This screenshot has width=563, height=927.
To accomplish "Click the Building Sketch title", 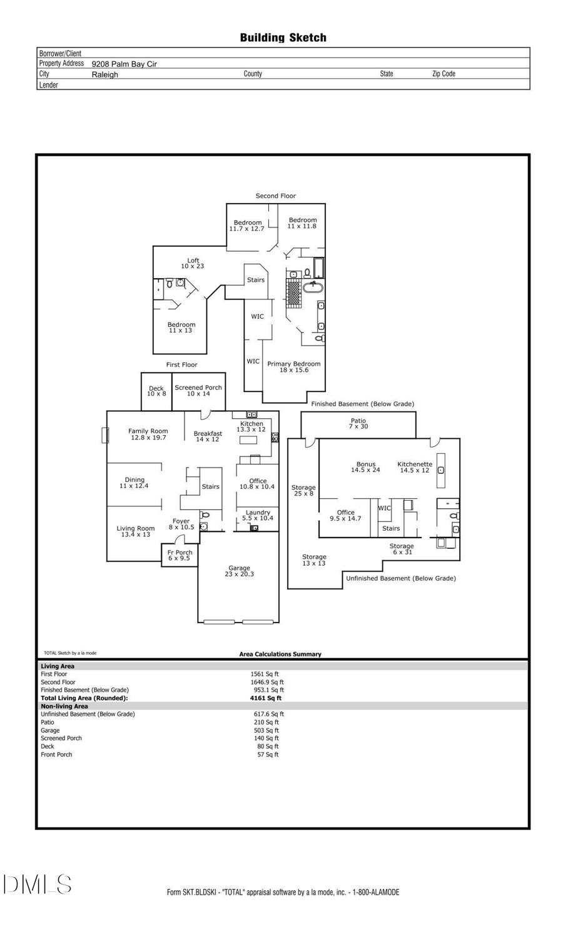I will (x=283, y=38).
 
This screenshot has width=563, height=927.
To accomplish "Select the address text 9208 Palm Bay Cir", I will (x=124, y=64).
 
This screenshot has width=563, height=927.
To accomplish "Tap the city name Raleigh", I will (x=104, y=74).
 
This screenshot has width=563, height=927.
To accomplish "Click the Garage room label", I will (x=239, y=571).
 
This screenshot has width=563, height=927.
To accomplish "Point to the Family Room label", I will (x=148, y=434).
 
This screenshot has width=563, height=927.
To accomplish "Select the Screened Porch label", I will (x=198, y=390).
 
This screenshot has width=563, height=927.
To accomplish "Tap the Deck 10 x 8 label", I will (x=156, y=391).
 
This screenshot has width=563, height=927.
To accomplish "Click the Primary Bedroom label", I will (x=293, y=366).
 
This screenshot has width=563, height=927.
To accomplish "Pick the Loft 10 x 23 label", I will (x=193, y=263).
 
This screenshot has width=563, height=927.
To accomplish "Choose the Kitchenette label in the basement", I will (x=415, y=467).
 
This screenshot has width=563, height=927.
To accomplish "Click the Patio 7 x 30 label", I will (x=358, y=423).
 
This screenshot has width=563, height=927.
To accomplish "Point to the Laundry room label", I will (x=258, y=515).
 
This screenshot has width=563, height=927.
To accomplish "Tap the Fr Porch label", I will (x=180, y=555).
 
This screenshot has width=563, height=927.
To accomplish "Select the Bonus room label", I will (x=366, y=467).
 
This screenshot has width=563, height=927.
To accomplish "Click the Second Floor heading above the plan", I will (x=275, y=196).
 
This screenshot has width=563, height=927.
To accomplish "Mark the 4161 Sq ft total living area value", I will (x=266, y=698).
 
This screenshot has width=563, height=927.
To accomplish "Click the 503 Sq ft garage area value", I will (x=266, y=730).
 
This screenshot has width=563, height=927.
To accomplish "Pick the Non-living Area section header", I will (x=64, y=706).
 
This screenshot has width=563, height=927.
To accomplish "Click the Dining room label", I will (x=134, y=483).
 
